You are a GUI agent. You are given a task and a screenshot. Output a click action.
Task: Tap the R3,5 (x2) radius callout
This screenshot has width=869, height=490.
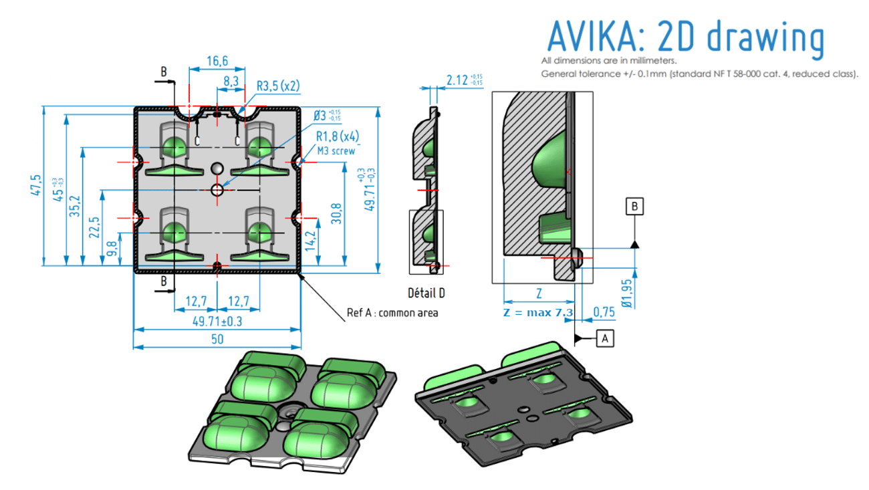click(278, 86)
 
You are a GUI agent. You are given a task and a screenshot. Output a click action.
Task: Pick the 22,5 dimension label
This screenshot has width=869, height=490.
click(94, 227)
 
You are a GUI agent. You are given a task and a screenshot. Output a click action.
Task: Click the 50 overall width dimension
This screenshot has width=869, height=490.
click(217, 340)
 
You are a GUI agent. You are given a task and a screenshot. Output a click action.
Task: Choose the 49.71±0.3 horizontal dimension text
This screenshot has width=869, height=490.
click(217, 322)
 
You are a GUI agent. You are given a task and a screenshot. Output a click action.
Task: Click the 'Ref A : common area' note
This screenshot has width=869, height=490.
click(392, 313)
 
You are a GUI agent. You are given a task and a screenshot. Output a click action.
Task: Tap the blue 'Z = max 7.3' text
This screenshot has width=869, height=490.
click(537, 313)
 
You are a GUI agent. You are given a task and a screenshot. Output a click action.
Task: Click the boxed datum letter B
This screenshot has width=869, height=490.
click(634, 206)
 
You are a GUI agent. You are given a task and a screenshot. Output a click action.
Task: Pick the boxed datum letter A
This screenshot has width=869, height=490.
click(605, 339)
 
